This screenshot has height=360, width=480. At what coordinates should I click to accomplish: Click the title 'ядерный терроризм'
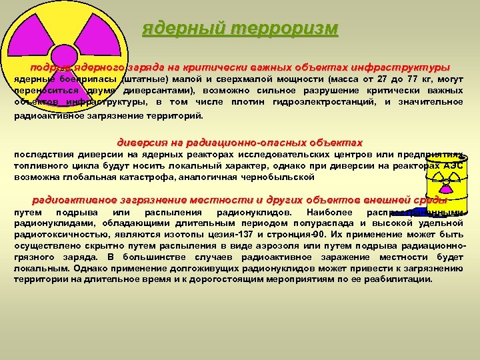(x=240, y=30)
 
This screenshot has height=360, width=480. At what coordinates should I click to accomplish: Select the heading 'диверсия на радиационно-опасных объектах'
(x=240, y=143)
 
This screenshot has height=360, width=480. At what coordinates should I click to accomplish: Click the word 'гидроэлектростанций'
(x=327, y=102)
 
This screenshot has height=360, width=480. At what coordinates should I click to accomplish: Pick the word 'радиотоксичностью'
(x=54, y=235)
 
